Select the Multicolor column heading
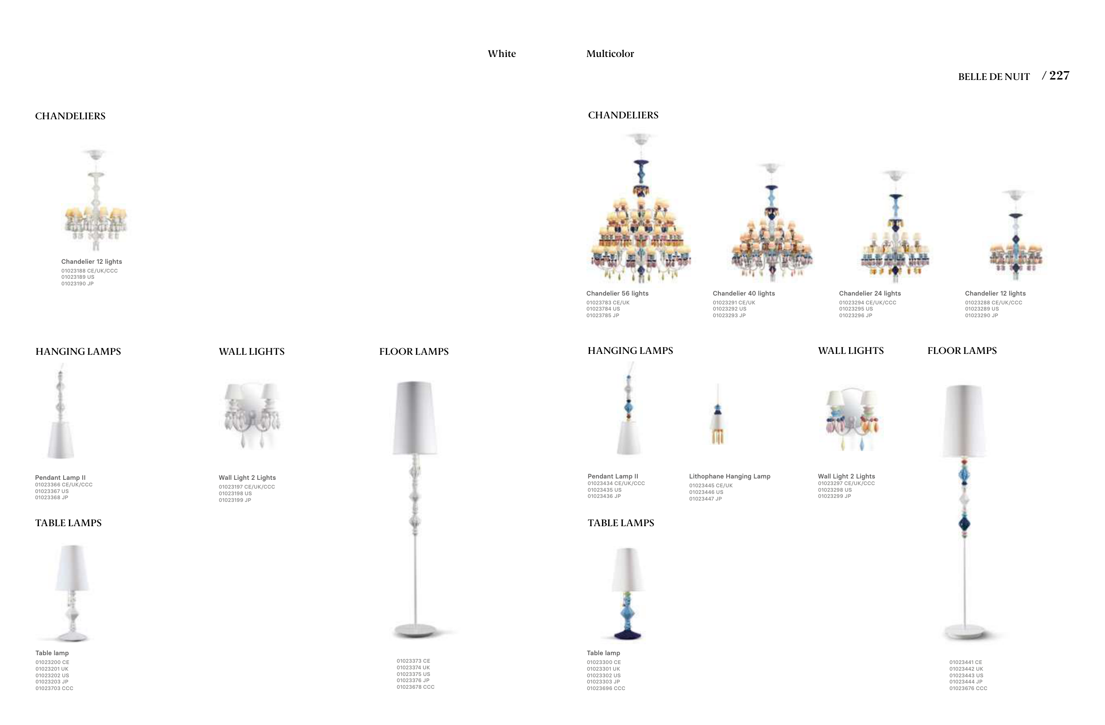(610, 54)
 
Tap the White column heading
(501, 54)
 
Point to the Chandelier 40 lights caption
(743, 293)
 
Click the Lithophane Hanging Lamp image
(718, 418)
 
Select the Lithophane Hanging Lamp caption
(729, 476)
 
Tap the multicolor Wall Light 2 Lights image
(853, 418)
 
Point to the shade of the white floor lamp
(415, 418)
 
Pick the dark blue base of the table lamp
(627, 634)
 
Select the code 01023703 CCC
(54, 688)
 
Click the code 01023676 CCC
(968, 688)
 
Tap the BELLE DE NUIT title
(994, 77)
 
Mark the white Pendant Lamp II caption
(61, 478)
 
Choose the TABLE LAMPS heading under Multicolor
(621, 523)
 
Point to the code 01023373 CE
(413, 661)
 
